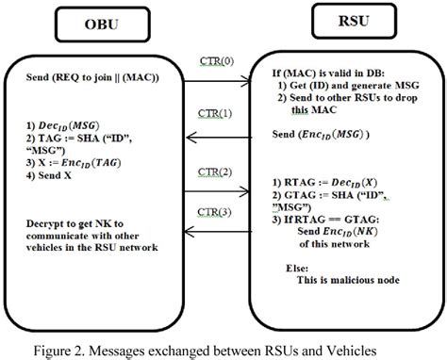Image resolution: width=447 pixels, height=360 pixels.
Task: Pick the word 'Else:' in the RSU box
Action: click(298, 267)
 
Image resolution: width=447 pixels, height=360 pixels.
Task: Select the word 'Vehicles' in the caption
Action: click(375, 346)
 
